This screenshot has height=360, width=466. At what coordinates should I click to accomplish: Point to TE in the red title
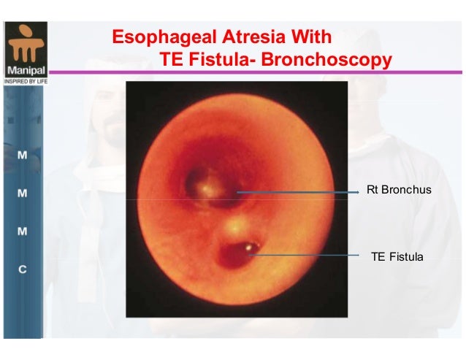point(171,59)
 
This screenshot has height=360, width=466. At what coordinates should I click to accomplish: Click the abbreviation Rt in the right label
point(373,191)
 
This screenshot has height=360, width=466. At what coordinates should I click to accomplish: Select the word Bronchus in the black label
point(408,191)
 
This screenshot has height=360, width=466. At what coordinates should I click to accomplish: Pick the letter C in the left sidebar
point(22,269)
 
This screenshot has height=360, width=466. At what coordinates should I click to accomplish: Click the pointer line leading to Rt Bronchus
point(299,192)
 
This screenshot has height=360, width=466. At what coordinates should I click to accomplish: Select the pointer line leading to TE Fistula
point(307,255)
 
